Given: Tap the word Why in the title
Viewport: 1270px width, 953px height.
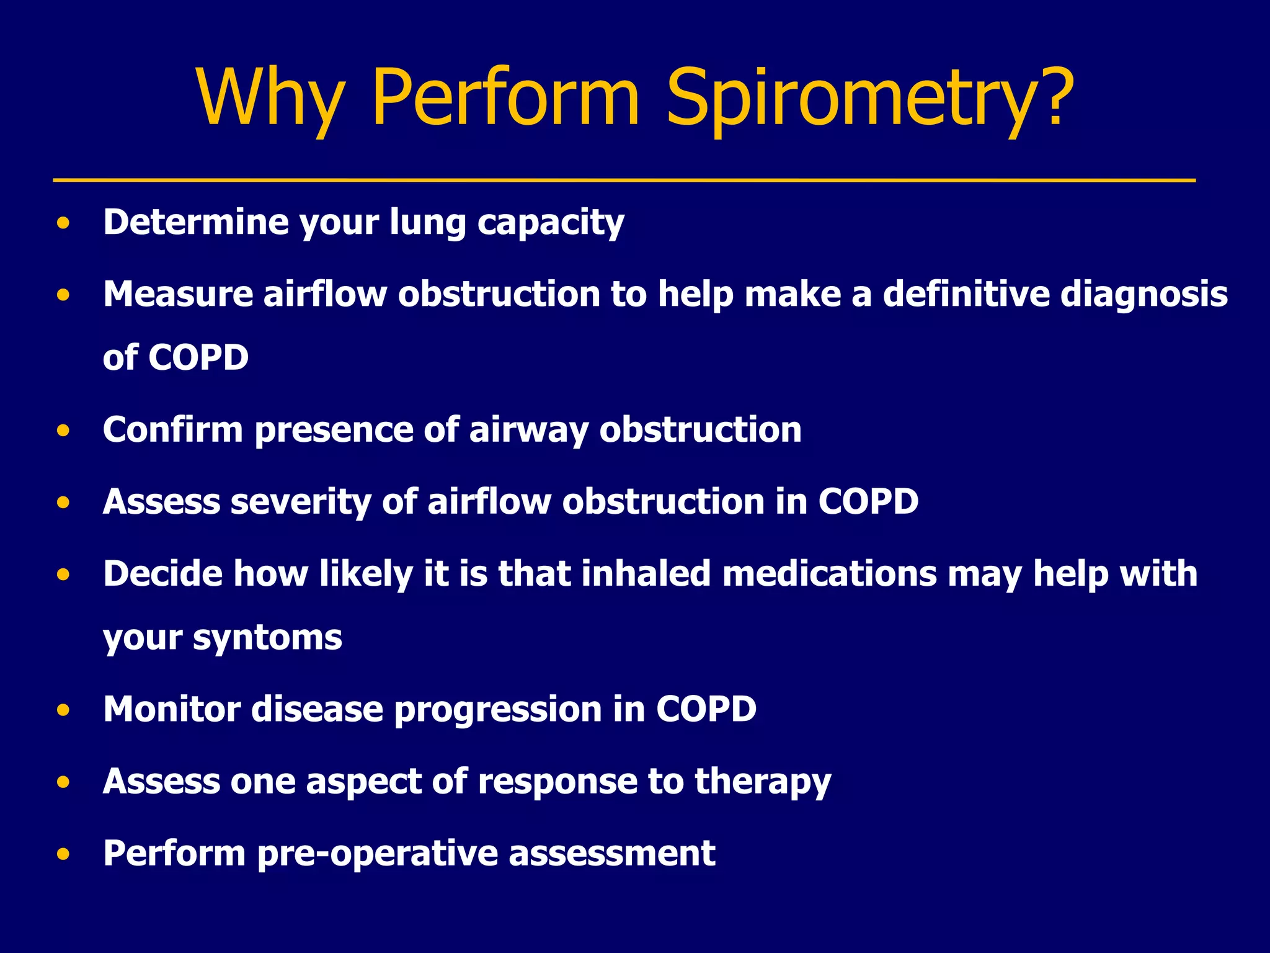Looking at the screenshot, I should (270, 99).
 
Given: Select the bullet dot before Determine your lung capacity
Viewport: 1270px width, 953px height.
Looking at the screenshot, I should (63, 223).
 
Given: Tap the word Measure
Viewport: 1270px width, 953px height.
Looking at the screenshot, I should (178, 293).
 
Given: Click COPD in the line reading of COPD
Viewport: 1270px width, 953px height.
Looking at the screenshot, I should (198, 358).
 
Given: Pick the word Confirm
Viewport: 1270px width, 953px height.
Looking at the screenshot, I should (173, 429).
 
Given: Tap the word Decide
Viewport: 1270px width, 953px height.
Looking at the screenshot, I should (162, 573).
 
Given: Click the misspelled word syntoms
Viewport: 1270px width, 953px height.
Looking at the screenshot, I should (267, 638).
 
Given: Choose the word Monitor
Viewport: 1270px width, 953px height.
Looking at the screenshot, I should (172, 709).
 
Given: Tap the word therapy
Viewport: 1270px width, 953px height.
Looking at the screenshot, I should (762, 782).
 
